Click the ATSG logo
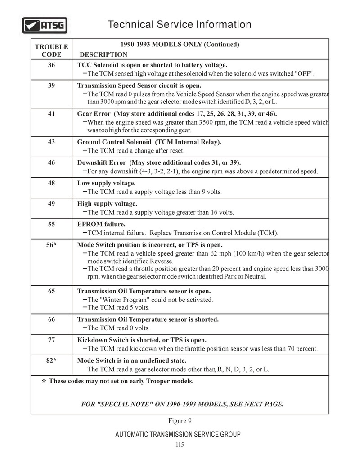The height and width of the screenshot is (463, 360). (45, 25)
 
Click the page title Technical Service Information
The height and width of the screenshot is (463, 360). (180, 24)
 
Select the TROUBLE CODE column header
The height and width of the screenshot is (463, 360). (51, 50)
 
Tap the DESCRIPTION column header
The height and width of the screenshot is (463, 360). (103, 54)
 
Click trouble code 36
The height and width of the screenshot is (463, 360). (51, 65)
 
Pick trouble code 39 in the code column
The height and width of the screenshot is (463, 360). (51, 85)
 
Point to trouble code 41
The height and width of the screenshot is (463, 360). (51, 114)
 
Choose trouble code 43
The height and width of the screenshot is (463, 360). (51, 142)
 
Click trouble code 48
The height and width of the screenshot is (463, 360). (51, 183)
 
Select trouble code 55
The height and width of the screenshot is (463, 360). (51, 224)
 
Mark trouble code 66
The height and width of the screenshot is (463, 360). (51, 319)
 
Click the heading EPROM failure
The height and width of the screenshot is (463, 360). (101, 224)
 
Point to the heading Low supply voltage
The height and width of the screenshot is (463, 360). (107, 183)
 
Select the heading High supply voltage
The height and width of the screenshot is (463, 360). (107, 204)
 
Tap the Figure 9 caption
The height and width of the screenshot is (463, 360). (180, 421)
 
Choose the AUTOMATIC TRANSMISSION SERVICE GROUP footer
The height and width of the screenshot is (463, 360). (178, 434)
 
